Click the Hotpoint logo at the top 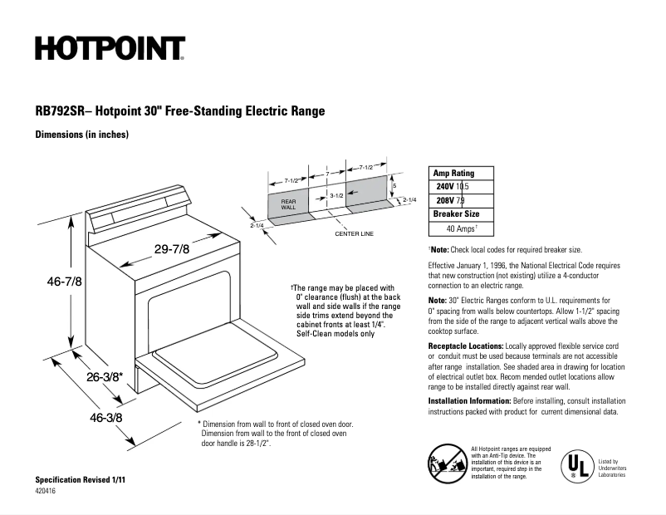click(110, 49)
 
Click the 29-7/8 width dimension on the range click(172, 248)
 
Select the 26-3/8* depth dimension click(105, 376)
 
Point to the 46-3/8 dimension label click(105, 417)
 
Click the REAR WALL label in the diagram click(288, 204)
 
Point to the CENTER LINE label click(354, 234)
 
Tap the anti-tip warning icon click(444, 462)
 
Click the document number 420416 click(47, 492)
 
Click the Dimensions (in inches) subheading click(81, 135)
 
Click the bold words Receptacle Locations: click(465, 345)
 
